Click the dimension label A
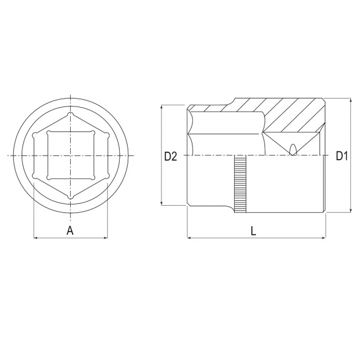pos(70,231)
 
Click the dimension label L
pos(253,231)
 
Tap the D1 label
pos(342,156)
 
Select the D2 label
pos(171,157)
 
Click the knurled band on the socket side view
pos(240,184)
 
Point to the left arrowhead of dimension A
pos(36,238)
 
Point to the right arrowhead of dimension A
pos(106,238)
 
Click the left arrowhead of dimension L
pos(189,238)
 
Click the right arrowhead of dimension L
pos(324,238)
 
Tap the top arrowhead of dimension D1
pos(351,100)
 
